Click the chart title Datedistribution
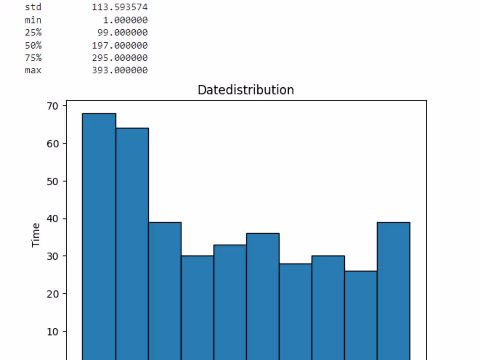246,90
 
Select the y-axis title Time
35,235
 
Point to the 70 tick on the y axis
52,106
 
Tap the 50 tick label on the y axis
52,181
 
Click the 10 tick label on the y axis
52,332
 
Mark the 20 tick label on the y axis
52,294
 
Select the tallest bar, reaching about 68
99,237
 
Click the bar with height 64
132,244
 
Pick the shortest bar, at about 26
361,315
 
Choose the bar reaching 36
263,297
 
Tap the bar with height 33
230,302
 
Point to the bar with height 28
295,312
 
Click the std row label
33,7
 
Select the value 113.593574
120,7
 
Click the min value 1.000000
125,20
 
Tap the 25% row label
33,32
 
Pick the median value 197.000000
120,46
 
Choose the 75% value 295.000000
120,58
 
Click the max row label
33,70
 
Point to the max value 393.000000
120,70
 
